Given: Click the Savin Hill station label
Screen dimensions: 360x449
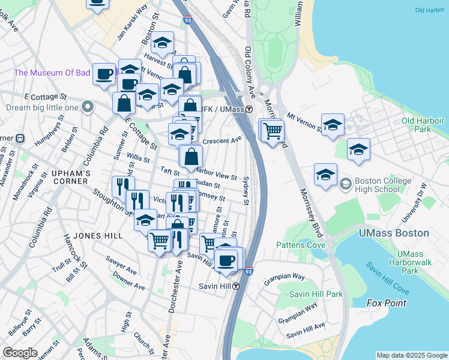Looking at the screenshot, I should coord(215,286).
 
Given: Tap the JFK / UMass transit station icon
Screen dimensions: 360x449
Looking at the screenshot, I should coord(249,109).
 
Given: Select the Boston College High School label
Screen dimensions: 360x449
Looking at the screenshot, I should coord(384,185).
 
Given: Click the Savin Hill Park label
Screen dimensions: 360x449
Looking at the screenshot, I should coord(316,294).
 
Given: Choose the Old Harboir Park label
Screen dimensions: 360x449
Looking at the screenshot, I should coord(424,124).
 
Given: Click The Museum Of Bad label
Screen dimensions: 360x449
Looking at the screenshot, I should coord(52,73).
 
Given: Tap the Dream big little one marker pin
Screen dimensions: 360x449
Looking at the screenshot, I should coord(88,108).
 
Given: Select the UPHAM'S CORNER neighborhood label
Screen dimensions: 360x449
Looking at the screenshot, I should coord(71,173).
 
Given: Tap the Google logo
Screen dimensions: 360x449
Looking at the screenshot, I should coord(20,353).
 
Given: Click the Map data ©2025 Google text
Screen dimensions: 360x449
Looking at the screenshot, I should coord(411,355).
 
